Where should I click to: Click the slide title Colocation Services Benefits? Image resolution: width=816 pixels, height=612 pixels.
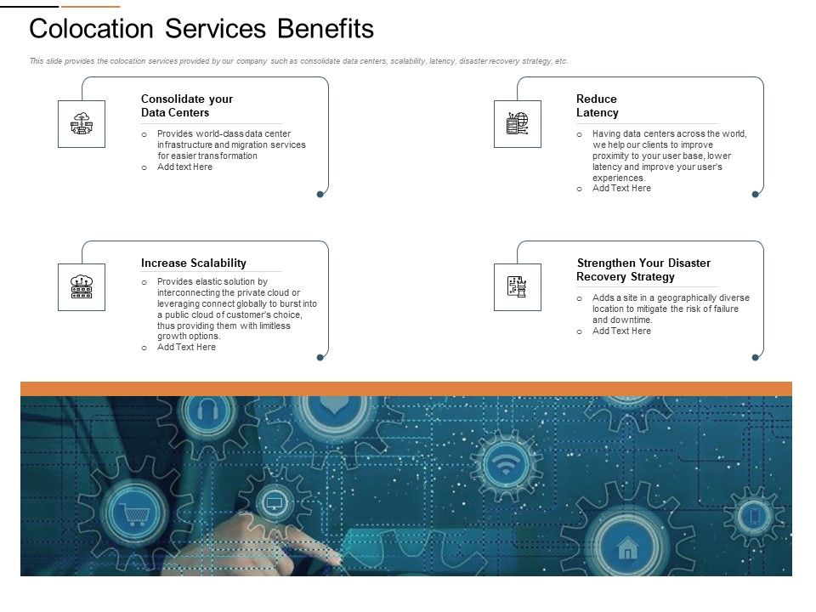pyautogui.click(x=201, y=29)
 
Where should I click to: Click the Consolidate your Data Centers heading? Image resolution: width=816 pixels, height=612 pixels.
pyautogui.click(x=187, y=105)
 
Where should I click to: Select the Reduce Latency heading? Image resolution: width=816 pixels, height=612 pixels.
pyautogui.click(x=598, y=105)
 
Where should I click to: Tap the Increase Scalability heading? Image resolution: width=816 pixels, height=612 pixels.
pyautogui.click(x=194, y=263)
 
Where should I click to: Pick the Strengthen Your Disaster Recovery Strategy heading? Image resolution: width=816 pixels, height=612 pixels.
pyautogui.click(x=643, y=269)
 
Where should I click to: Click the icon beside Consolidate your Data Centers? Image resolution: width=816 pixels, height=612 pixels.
pyautogui.click(x=82, y=124)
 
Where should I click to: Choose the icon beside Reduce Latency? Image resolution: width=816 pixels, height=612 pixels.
pyautogui.click(x=517, y=124)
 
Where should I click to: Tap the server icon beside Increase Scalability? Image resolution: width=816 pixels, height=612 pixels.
pyautogui.click(x=82, y=287)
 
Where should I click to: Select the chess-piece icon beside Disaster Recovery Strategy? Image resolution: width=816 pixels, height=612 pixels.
pyautogui.click(x=517, y=287)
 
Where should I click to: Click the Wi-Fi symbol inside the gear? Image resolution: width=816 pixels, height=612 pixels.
pyautogui.click(x=507, y=465)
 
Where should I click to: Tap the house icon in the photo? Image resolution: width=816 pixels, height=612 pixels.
pyautogui.click(x=627, y=548)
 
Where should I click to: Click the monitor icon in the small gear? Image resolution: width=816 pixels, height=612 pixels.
pyautogui.click(x=274, y=502)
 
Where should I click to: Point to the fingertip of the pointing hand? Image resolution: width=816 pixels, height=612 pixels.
pyautogui.click(x=338, y=558)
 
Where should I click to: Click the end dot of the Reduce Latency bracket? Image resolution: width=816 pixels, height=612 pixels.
pyautogui.click(x=755, y=195)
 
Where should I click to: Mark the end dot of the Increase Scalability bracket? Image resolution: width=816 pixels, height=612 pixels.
pyautogui.click(x=320, y=358)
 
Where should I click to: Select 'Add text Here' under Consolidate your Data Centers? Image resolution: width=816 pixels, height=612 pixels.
pyautogui.click(x=184, y=167)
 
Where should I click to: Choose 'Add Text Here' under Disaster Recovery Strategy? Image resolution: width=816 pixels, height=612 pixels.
pyautogui.click(x=621, y=331)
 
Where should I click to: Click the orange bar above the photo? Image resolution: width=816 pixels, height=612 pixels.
pyautogui.click(x=406, y=388)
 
